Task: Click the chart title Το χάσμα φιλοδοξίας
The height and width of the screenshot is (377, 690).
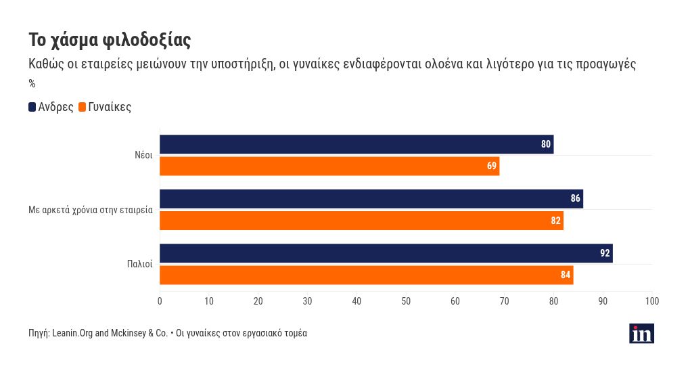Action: pos(110,40)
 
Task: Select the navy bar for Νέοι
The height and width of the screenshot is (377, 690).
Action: pos(356,144)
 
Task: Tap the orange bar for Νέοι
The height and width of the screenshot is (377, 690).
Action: pos(329,166)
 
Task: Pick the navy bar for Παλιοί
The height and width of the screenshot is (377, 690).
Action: pos(386,253)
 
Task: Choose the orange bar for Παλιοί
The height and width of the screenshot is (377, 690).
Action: pos(366,275)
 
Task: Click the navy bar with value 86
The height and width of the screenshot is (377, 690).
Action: pos(371,199)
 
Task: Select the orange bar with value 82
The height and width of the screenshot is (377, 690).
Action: pos(361,221)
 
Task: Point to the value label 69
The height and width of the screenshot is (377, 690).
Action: pos(492,166)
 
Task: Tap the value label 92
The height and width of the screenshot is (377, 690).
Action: pos(605,253)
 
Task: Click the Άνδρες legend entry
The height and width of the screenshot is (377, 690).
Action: pos(51,107)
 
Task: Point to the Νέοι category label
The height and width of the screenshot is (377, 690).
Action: pos(143,155)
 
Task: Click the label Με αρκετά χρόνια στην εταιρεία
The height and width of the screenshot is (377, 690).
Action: pos(91,210)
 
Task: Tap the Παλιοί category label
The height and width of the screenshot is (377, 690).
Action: pos(141,264)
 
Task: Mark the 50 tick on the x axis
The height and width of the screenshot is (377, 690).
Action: pos(406,301)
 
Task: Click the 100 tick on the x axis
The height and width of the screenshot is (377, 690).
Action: pos(652,301)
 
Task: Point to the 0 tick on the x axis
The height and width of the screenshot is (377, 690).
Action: pos(160,301)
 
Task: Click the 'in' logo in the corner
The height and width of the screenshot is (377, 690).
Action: pos(641,333)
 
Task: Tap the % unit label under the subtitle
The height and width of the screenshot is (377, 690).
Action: pos(32,84)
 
